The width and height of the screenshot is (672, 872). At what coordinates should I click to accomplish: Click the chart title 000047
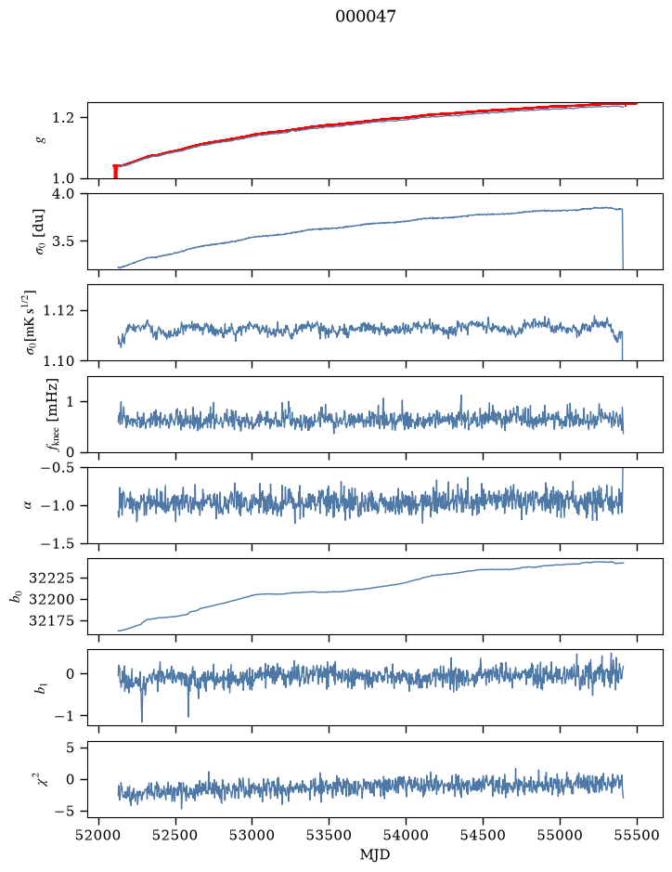[x=366, y=17]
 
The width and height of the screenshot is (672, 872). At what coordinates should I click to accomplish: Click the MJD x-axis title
[x=375, y=854]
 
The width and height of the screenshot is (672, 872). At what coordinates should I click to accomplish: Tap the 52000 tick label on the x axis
[x=99, y=835]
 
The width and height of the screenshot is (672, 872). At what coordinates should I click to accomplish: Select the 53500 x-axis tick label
[x=330, y=835]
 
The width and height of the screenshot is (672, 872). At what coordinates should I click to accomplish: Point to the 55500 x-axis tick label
[x=637, y=835]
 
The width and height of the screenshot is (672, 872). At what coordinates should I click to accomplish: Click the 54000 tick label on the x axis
[x=406, y=835]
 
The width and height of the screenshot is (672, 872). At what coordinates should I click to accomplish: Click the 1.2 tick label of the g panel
[x=63, y=118]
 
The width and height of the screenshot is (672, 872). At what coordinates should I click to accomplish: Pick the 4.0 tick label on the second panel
[x=63, y=194]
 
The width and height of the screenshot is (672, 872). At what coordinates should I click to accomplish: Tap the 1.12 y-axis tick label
[x=58, y=310]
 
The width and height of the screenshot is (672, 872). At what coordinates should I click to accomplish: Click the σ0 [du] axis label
[x=40, y=232]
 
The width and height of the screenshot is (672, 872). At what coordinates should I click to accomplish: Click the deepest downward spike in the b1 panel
[x=142, y=722]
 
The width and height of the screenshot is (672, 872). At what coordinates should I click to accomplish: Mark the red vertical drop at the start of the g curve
[x=115, y=172]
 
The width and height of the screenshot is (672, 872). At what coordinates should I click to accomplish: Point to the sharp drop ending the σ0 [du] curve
[x=623, y=240]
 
